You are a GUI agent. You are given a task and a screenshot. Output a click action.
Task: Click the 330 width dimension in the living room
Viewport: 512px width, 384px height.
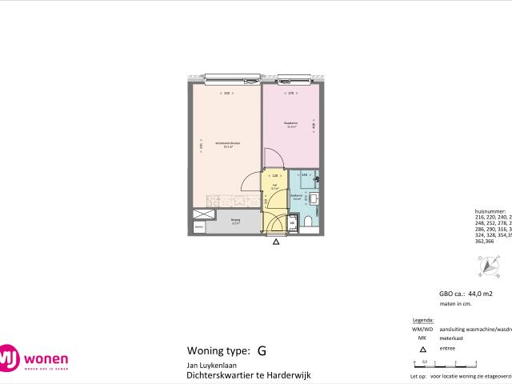click(227, 94)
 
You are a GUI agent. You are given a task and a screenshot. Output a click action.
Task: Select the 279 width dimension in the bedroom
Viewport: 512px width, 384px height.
click(291, 94)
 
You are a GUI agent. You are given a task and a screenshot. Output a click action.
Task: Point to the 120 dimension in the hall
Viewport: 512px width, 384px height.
click(274, 175)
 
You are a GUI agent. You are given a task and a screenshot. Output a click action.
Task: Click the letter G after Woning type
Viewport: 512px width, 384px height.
click(262, 350)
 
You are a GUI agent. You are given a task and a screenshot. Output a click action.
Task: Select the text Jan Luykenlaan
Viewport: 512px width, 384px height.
click(206, 364)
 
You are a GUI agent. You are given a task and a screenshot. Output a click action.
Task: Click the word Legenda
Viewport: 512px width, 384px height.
click(424, 319)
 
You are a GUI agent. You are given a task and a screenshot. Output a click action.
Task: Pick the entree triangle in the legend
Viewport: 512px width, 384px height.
click(423, 350)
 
